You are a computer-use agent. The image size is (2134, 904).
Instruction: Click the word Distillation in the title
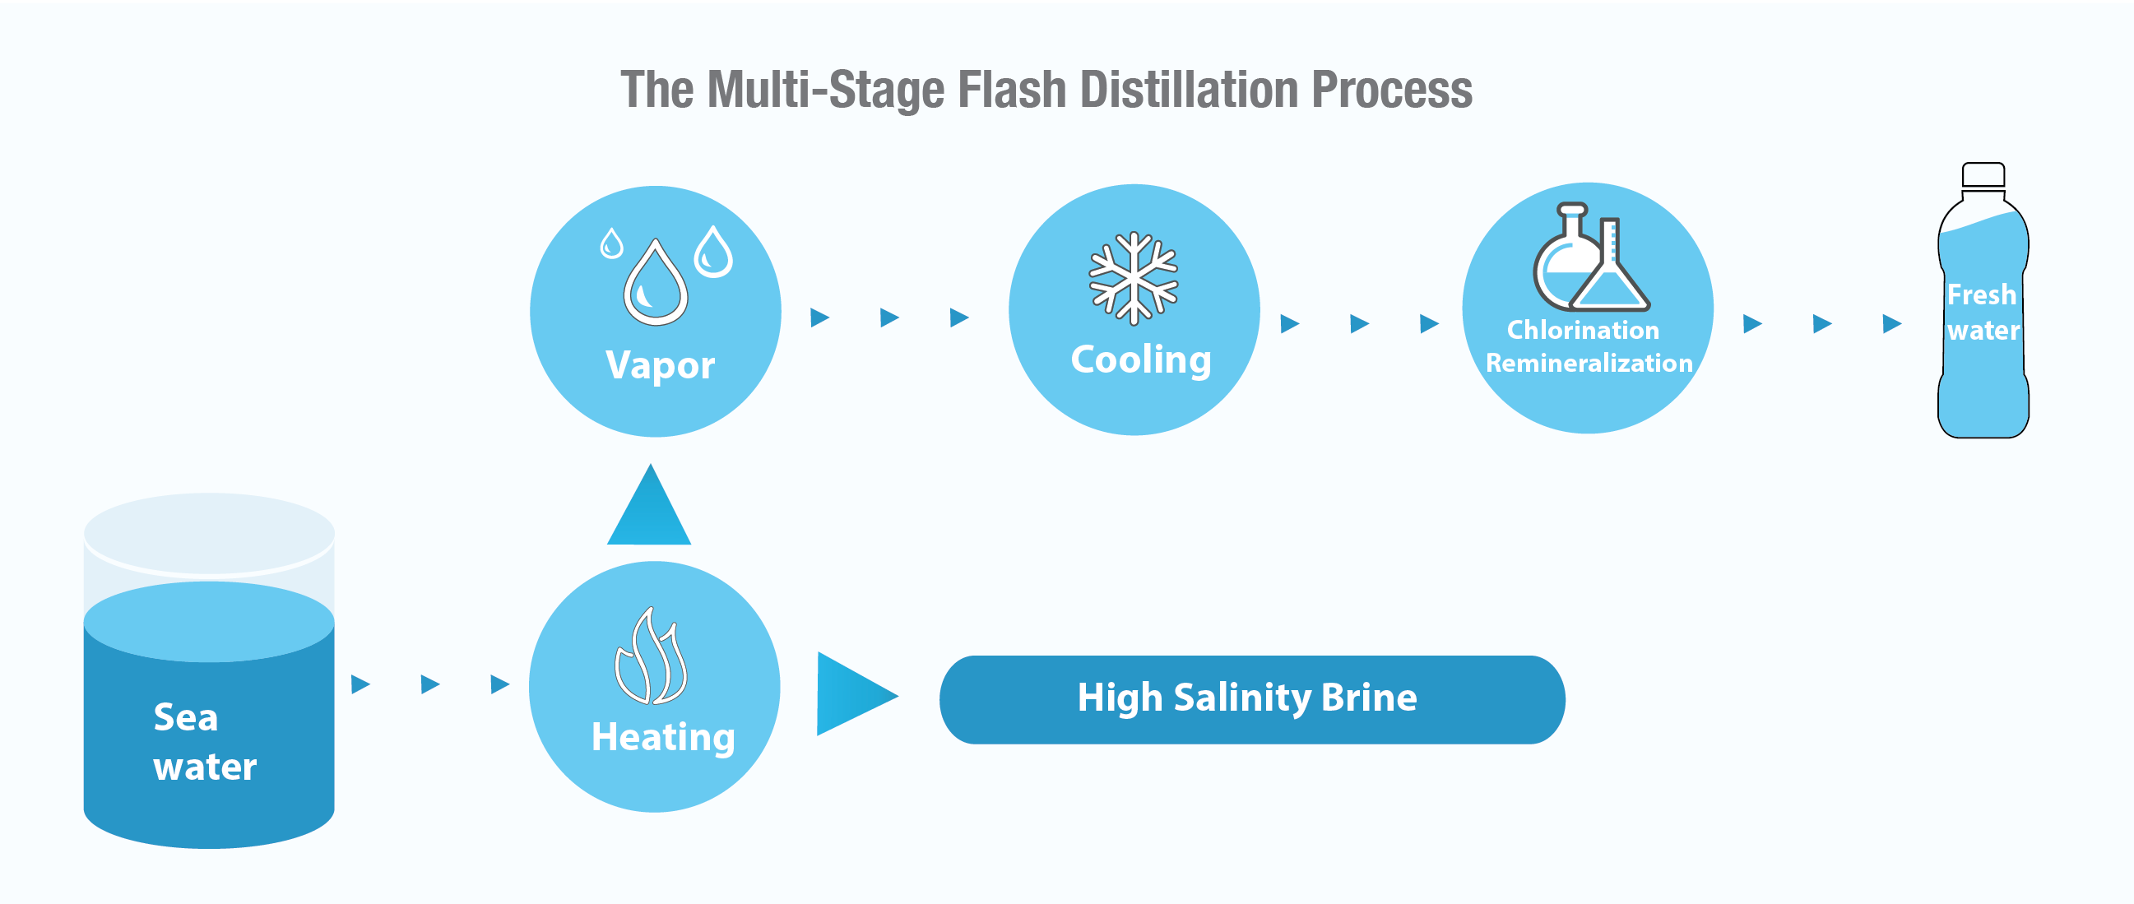pyautogui.click(x=1189, y=90)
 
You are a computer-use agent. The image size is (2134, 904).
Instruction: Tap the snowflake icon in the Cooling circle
pyautogui.click(x=1134, y=277)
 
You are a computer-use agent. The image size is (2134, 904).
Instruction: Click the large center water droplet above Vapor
pyautogui.click(x=656, y=284)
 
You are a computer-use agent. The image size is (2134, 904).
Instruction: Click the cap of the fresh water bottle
pyautogui.click(x=1983, y=175)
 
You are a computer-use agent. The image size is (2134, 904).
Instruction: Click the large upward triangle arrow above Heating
pyautogui.click(x=649, y=510)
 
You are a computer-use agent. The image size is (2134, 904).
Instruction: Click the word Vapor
pyautogui.click(x=661, y=365)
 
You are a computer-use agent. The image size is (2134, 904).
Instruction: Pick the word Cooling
pyautogui.click(x=1141, y=359)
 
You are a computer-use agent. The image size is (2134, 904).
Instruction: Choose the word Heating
pyautogui.click(x=663, y=737)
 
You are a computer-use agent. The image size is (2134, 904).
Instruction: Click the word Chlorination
pyautogui.click(x=1582, y=330)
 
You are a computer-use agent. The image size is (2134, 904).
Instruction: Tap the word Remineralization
pyautogui.click(x=1589, y=363)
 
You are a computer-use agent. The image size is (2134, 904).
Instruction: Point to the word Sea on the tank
pyautogui.click(x=186, y=716)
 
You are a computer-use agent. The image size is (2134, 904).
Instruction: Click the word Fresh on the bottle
pyautogui.click(x=1981, y=295)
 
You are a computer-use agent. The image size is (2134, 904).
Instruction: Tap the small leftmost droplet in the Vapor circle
pyautogui.click(x=611, y=244)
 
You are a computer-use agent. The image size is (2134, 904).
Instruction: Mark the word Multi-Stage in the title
pyautogui.click(x=825, y=90)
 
